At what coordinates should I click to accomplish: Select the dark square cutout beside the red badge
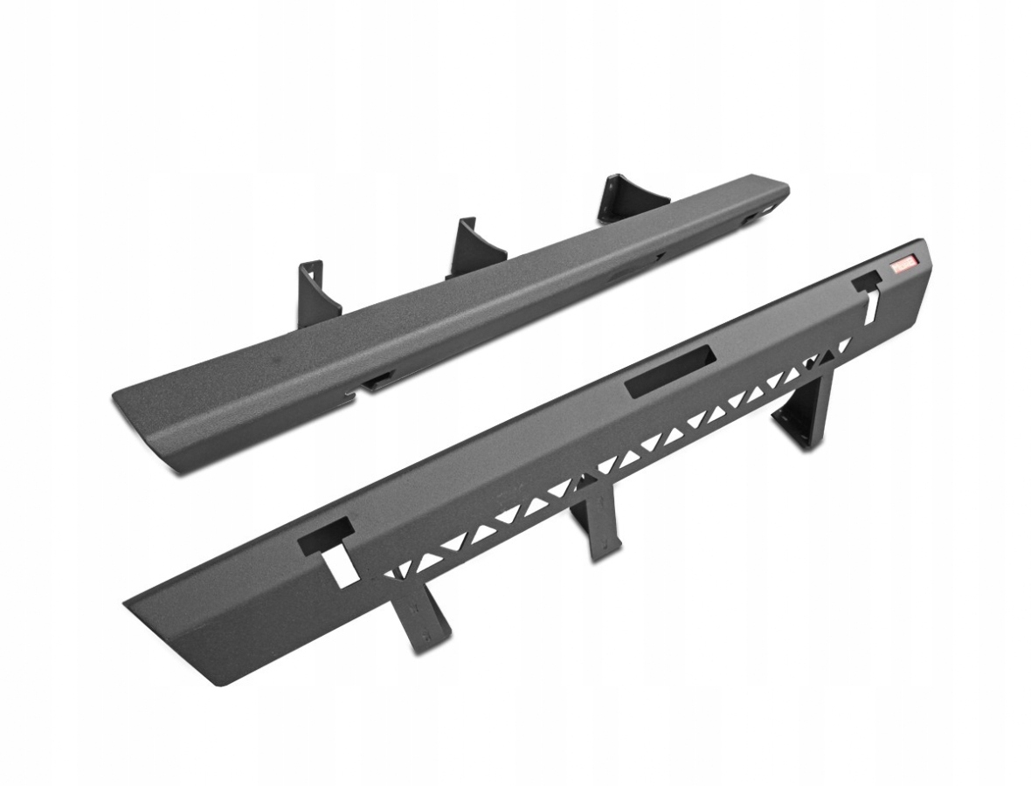pyautogui.click(x=867, y=280)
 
